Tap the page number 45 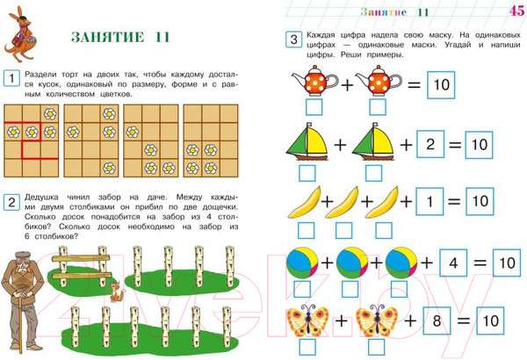[x=516, y=11]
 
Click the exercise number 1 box [x=11, y=78]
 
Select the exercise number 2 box [x=11, y=202]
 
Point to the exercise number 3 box [x=293, y=40]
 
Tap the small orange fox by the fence [x=116, y=292]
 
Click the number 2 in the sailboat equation [x=430, y=144]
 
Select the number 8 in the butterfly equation [x=437, y=320]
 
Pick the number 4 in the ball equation [x=453, y=263]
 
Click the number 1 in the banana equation [x=430, y=201]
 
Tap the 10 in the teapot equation [x=441, y=84]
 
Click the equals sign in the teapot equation [x=414, y=84]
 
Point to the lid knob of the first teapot [x=315, y=68]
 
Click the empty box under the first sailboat [x=307, y=173]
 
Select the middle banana [x=342, y=202]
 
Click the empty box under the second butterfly [x=377, y=347]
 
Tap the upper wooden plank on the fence [x=81, y=258]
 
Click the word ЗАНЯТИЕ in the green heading [x=107, y=37]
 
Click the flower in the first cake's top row [x=50, y=113]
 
